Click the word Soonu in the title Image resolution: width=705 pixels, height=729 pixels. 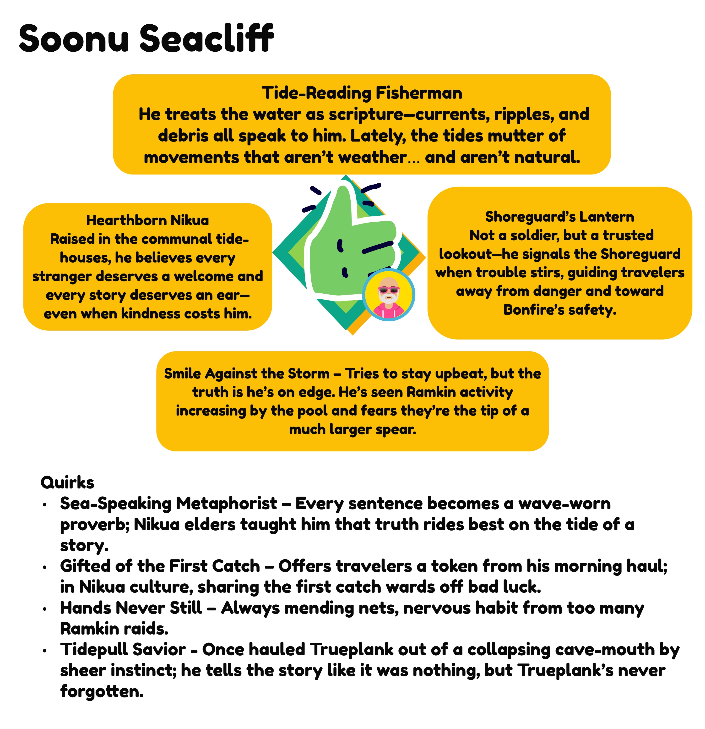tap(74, 38)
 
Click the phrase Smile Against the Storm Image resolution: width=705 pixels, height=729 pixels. tap(247, 373)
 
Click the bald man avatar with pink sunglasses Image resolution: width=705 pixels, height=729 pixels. tap(389, 295)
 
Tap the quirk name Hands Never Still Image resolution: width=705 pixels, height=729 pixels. tap(131, 608)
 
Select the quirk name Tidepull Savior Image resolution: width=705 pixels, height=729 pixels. tap(123, 649)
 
